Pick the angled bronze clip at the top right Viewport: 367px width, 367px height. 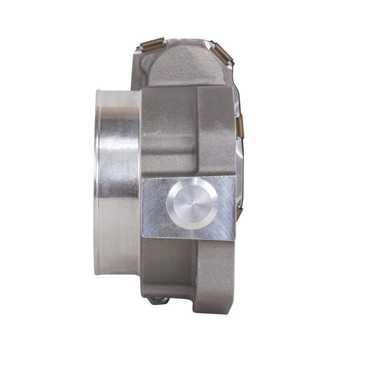coord(222,52)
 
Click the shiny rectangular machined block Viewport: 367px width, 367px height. coord(158,225)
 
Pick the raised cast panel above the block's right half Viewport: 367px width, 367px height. coord(215,129)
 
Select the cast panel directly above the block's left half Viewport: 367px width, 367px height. coord(167,129)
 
